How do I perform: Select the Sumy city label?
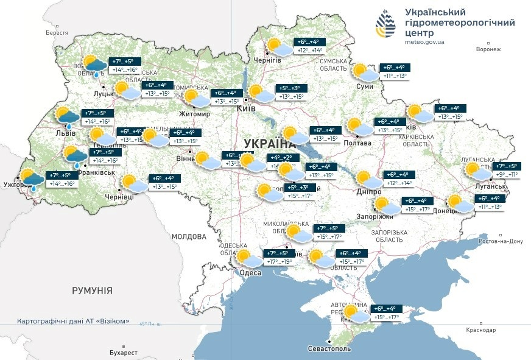pos(365,87)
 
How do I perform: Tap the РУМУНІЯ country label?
pos(92,291)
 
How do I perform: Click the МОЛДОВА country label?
pos(189,236)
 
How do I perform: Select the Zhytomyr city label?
pos(194,114)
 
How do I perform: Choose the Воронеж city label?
pos(488,49)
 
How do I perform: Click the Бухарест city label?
pos(120,353)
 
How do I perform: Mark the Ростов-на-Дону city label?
pos(501,241)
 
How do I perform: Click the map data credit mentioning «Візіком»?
pos(73,321)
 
